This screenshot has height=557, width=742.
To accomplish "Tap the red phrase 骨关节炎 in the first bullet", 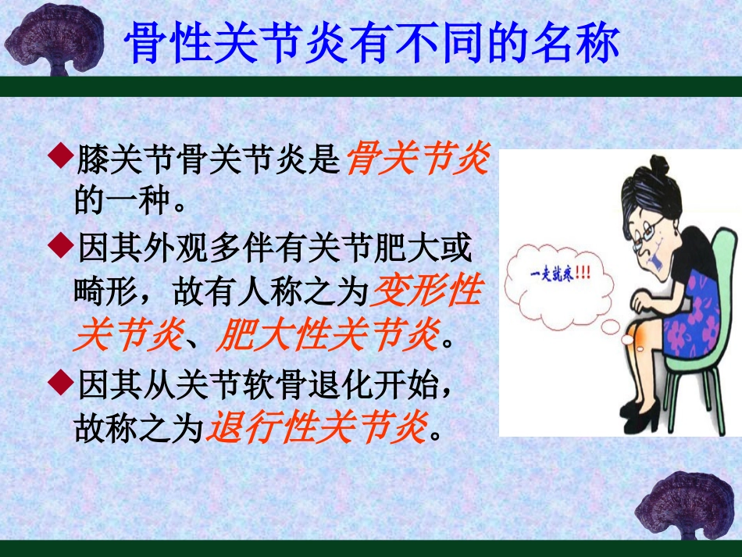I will [x=417, y=160].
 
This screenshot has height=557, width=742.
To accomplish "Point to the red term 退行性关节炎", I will [x=318, y=427].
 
